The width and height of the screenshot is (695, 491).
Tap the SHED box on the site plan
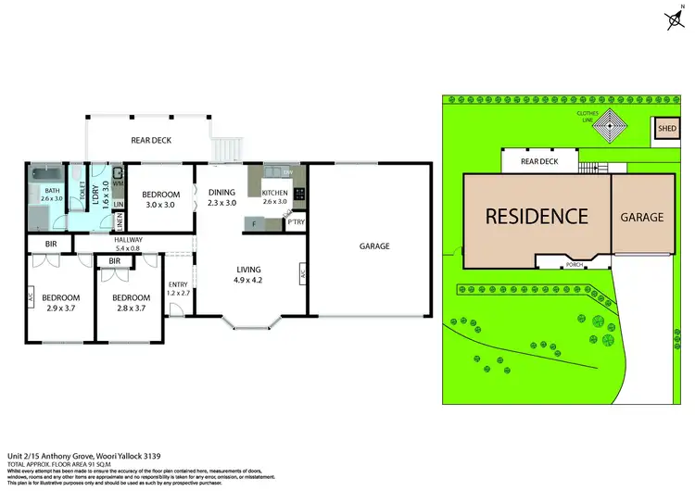click(667, 130)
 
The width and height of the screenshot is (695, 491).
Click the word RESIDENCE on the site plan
click(537, 217)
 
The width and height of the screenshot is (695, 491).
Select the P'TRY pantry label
click(296, 222)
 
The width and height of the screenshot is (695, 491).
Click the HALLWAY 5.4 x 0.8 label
click(128, 245)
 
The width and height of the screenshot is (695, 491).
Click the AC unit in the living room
click(303, 273)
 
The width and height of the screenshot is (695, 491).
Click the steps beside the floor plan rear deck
click(228, 149)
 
